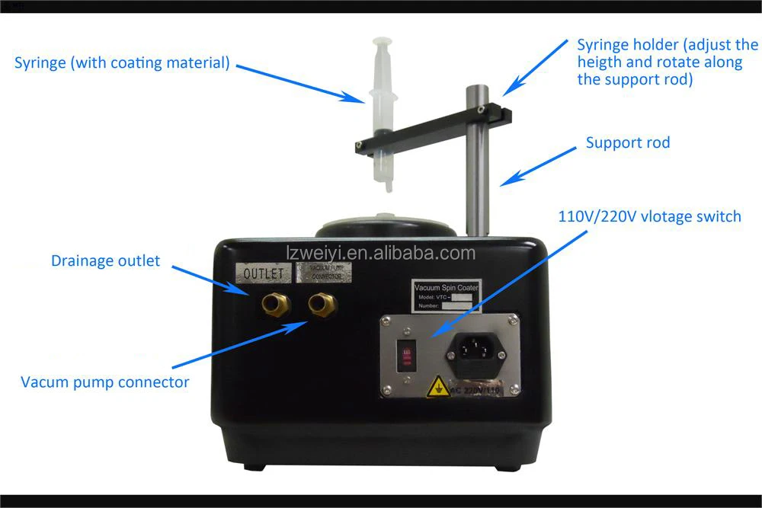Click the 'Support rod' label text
628,143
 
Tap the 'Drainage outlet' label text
106,261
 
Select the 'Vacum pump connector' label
105,382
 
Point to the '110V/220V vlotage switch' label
649,217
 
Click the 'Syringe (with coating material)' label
122,62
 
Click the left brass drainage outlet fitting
275,305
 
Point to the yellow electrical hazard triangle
438,388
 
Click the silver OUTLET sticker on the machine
262,273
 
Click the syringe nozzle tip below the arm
388,186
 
